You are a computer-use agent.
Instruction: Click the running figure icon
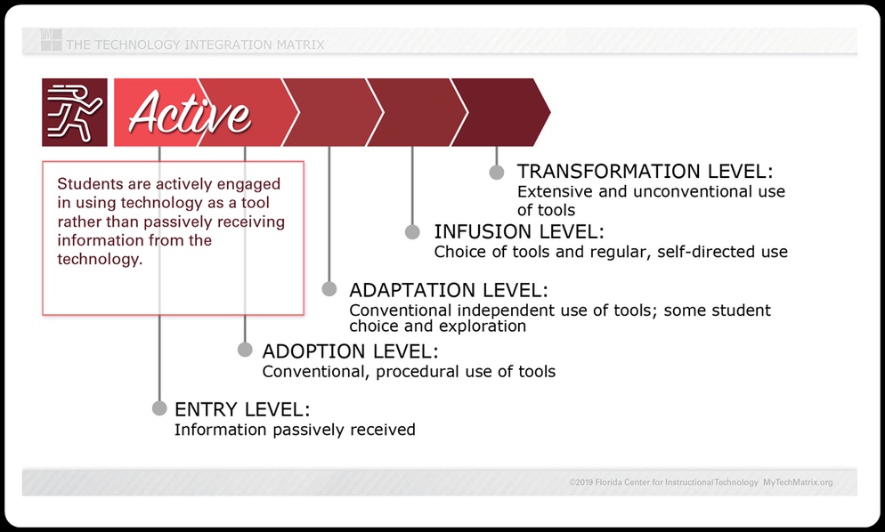pos(75,112)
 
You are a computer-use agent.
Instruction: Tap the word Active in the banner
pos(191,113)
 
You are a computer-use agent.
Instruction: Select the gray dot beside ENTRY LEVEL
pos(159,407)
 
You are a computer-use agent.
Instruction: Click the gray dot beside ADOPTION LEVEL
pos(245,350)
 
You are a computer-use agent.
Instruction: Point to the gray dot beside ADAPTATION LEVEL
pos(329,289)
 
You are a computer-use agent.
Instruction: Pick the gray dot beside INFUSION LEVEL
pos(412,231)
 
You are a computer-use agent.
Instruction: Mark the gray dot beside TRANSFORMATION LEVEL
pos(497,172)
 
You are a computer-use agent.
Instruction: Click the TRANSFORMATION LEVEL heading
pos(645,171)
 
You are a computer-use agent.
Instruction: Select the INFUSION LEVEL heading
pos(519,231)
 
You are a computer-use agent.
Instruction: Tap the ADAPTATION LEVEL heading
pos(449,290)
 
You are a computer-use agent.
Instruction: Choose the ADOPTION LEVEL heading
pos(351,351)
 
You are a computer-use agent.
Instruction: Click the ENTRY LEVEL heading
pos(242,409)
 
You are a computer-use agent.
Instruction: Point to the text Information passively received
pos(295,430)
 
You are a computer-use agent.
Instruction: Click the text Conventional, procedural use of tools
pos(410,371)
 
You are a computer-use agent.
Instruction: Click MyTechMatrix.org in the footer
pos(798,482)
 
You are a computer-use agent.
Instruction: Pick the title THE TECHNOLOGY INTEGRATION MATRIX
pos(195,44)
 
